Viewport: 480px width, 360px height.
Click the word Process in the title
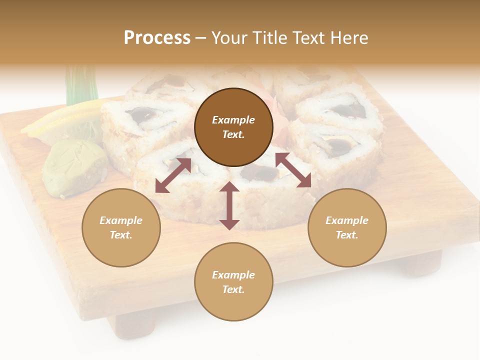point(157,38)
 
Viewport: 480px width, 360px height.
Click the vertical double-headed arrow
point(229,205)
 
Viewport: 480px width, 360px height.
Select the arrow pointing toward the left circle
point(173,175)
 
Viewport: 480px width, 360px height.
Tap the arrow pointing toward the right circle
point(293,170)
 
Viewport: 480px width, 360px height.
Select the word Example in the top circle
point(233,120)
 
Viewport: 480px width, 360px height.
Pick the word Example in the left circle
point(121,220)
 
